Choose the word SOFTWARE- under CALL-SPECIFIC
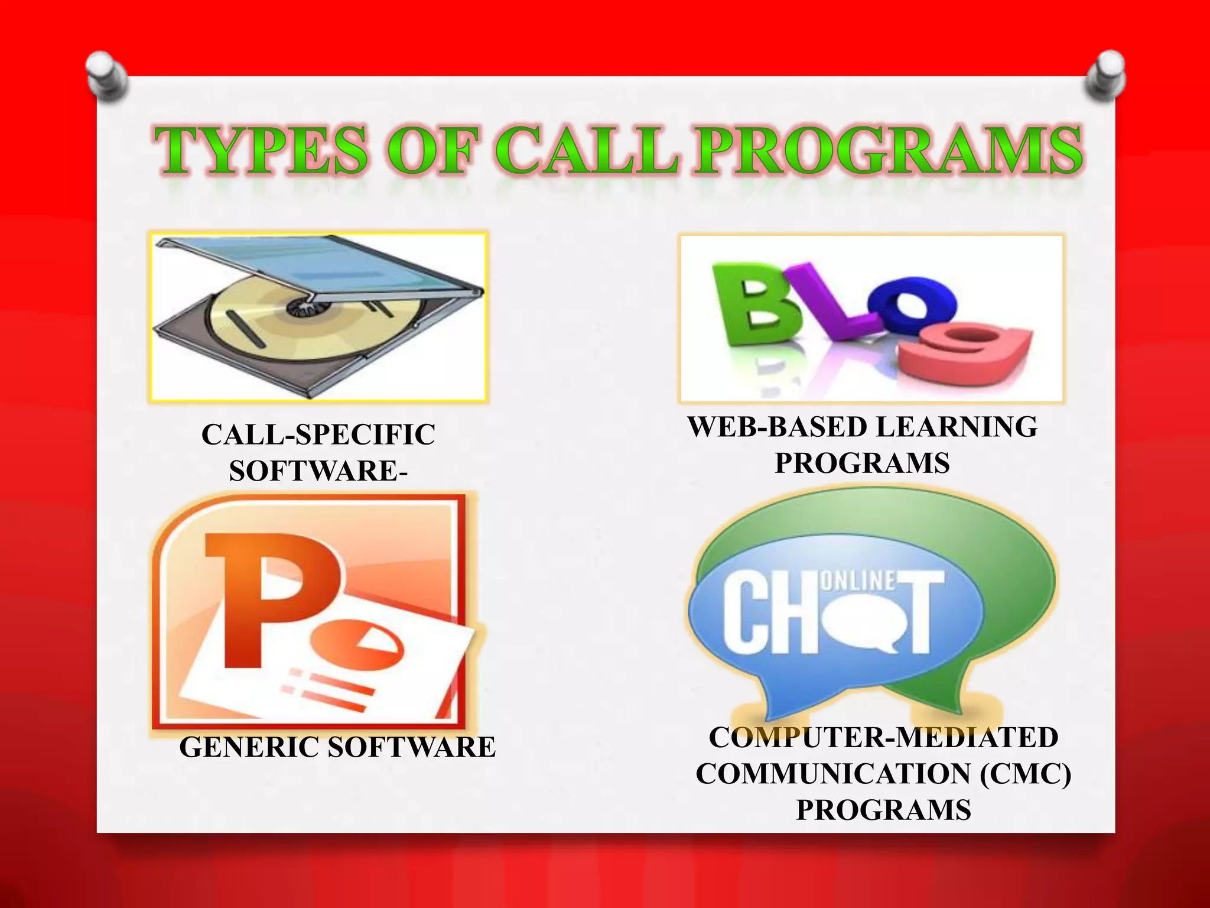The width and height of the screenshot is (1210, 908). tap(318, 472)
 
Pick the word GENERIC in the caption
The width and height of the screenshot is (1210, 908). tap(251, 747)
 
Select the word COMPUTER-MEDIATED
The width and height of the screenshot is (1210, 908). tap(883, 738)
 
